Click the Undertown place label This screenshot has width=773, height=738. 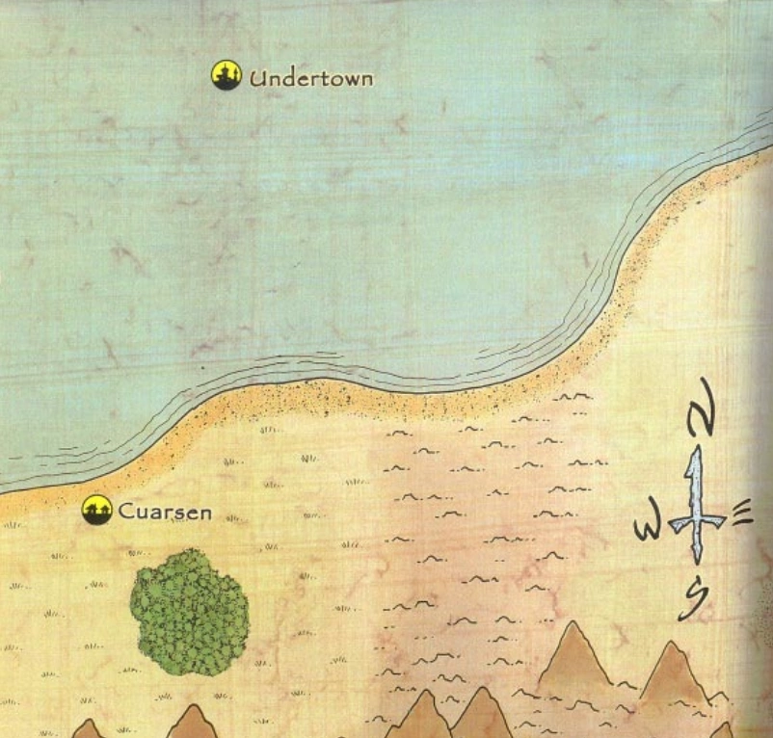310,78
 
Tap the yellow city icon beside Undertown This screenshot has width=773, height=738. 226,75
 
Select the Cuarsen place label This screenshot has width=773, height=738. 164,512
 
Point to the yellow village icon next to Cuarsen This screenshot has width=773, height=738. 96,510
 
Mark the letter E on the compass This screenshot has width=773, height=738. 740,517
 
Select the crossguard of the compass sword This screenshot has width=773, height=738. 694,521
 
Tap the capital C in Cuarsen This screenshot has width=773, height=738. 126,512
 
